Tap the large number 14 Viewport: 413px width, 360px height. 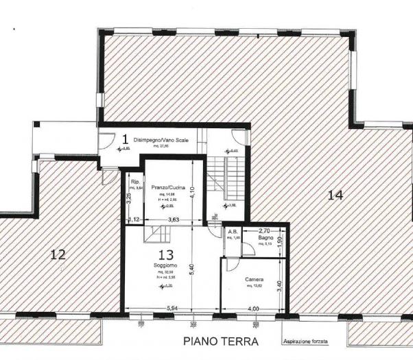tap(335, 195)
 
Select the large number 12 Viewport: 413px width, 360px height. tap(58, 255)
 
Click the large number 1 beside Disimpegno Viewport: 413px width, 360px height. tap(124, 140)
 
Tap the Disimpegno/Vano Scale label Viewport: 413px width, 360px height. tap(161, 140)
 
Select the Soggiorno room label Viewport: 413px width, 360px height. tap(167, 265)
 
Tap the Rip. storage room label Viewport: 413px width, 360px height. tap(135, 182)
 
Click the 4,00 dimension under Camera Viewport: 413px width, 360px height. tap(253, 309)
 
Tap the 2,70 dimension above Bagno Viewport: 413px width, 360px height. tap(263, 231)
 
